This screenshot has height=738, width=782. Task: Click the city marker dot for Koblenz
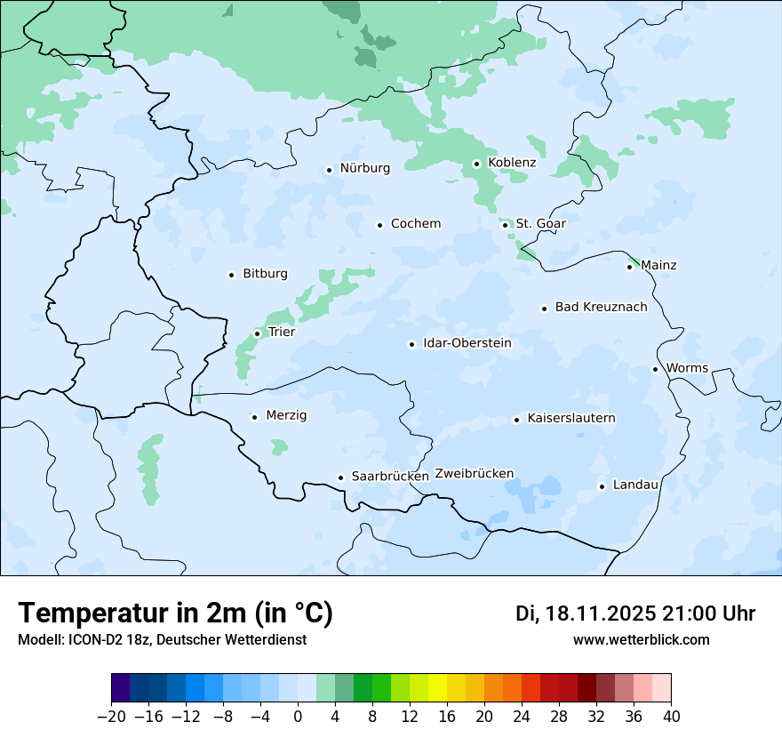477,164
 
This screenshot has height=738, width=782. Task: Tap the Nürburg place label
364,168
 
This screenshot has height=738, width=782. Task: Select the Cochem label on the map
416,224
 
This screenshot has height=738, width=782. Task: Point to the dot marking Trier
258,333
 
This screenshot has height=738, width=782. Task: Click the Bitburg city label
265,274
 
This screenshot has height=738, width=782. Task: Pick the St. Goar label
540,224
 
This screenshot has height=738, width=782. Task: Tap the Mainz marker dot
630,267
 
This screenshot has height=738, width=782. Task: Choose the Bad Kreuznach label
601,308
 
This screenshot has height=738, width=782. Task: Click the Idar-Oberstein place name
467,343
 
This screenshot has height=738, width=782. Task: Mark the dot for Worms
656,369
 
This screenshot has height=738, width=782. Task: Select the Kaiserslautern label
571,419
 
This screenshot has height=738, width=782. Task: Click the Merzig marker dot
255,417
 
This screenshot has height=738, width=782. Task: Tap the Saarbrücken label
390,477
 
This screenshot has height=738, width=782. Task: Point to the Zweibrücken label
475,474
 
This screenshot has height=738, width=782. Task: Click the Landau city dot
602,486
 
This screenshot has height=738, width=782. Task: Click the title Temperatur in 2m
176,613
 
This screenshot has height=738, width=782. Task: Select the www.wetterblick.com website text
641,639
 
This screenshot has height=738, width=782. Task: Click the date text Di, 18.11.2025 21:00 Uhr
635,614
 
